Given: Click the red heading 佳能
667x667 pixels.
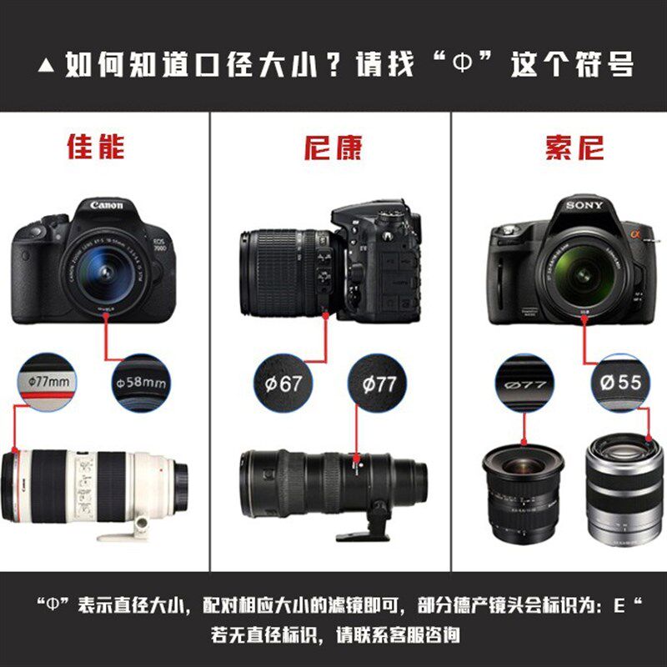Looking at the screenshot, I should (x=95, y=147).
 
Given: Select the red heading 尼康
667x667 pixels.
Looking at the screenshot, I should (x=332, y=147).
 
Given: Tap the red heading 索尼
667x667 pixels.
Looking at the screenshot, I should (x=574, y=147).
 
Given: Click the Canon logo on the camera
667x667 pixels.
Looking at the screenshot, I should (x=106, y=205).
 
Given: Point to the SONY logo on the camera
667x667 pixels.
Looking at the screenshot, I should (x=584, y=205).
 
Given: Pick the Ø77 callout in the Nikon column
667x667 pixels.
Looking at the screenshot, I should (x=379, y=385).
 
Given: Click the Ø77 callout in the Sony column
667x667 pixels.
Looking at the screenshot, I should (x=525, y=384).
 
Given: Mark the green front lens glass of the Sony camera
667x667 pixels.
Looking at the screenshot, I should (x=577, y=272).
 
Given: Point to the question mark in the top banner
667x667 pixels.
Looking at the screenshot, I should (x=330, y=64).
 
